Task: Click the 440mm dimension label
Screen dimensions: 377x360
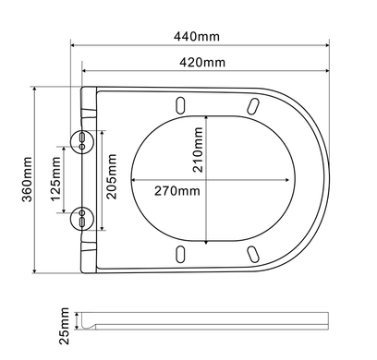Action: [x=197, y=37]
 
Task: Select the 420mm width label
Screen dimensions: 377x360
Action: [x=202, y=63]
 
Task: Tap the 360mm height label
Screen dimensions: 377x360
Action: [x=27, y=179]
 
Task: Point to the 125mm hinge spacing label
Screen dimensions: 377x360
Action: [x=55, y=179]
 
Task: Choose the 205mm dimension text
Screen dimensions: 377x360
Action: [x=111, y=176]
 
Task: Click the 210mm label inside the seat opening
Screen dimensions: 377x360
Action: [x=198, y=150]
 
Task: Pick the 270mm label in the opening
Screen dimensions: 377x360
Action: [x=177, y=191]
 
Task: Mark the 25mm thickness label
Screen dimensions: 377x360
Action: [x=64, y=326]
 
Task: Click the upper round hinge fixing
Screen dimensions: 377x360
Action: [x=82, y=141]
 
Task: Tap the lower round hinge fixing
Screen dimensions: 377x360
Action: [x=82, y=219]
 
